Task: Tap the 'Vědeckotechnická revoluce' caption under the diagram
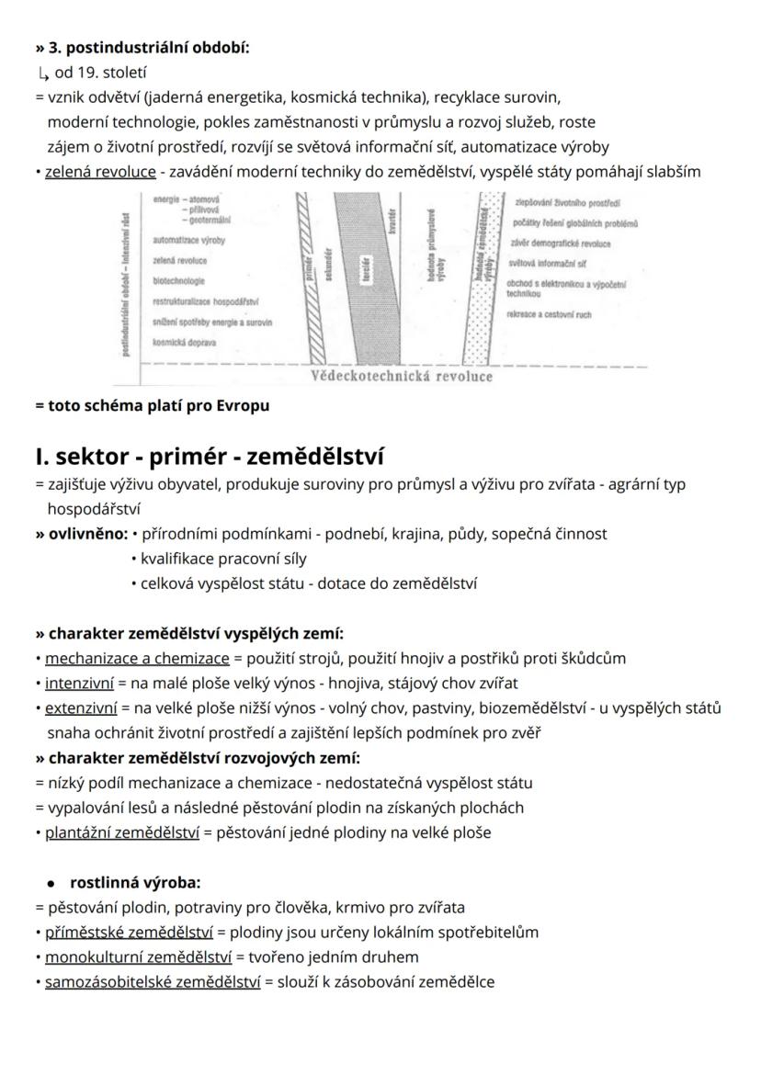[x=402, y=376]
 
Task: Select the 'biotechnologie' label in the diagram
[x=179, y=281]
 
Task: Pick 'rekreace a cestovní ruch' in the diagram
[x=549, y=314]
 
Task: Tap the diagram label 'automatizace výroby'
[x=188, y=240]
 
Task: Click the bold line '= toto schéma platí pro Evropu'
[x=153, y=405]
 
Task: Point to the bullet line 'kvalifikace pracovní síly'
[x=223, y=558]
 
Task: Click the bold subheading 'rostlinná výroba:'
[x=135, y=883]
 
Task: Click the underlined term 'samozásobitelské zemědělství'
[x=153, y=982]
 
